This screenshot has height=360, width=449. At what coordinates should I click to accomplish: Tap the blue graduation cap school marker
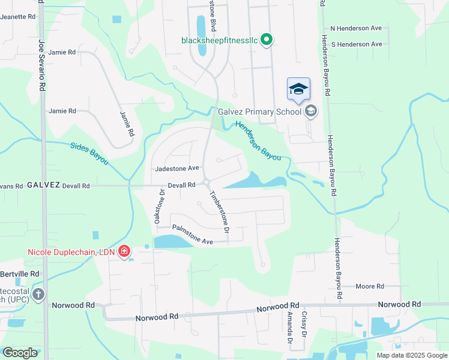pyautogui.click(x=298, y=89)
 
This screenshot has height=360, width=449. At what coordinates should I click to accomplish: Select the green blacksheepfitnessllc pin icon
pyautogui.click(x=268, y=40)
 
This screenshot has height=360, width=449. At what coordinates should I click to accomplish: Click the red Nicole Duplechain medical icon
pyautogui.click(x=124, y=251)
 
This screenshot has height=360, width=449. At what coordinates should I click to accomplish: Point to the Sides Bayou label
pyautogui.click(x=89, y=153)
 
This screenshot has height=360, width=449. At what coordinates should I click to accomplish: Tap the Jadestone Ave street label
pyautogui.click(x=176, y=169)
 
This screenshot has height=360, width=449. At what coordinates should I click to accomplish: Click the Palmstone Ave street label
pyautogui.click(x=193, y=234)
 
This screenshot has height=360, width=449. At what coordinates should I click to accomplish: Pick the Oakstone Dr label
pyautogui.click(x=160, y=207)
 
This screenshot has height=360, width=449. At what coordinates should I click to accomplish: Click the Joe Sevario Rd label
pyautogui.click(x=42, y=64)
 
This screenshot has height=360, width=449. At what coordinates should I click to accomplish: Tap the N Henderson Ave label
pyautogui.click(x=356, y=29)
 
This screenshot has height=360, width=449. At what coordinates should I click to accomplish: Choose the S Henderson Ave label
pyautogui.click(x=356, y=44)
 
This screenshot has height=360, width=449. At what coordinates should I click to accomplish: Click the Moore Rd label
pyautogui.click(x=370, y=287)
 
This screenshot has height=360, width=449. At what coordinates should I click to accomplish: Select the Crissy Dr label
pyautogui.click(x=304, y=325)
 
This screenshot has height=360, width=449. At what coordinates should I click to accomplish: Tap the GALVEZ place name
pyautogui.click(x=43, y=185)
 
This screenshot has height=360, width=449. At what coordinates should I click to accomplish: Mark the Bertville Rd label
pyautogui.click(x=19, y=274)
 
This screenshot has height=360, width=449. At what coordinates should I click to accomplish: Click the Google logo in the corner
pyautogui.click(x=19, y=352)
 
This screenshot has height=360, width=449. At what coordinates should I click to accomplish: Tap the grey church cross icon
pyautogui.click(x=38, y=294)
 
